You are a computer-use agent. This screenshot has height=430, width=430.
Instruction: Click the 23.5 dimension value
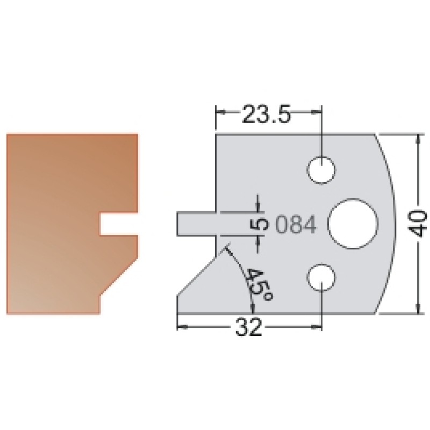[266, 113]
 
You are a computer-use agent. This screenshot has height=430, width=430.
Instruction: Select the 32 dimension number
[249, 327]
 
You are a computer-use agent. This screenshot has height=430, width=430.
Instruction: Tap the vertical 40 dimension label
[419, 224]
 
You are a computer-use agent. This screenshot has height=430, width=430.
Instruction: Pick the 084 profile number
[296, 224]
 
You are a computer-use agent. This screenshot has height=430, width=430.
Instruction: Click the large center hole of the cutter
[354, 224]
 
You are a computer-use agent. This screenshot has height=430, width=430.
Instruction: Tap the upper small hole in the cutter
[321, 170]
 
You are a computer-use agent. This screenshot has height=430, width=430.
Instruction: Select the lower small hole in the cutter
[321, 277]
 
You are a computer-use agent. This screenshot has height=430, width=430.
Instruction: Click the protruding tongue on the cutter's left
[196, 224]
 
